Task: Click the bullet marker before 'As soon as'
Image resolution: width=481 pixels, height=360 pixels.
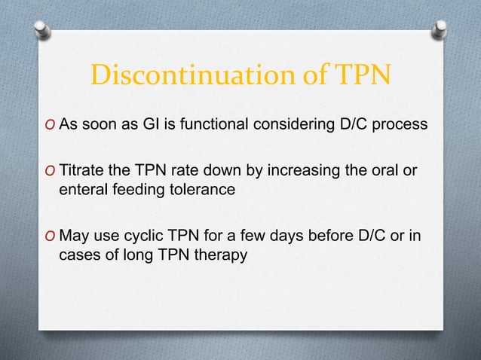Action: click(x=51, y=125)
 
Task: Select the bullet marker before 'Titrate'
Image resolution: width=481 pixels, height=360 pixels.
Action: click(x=51, y=171)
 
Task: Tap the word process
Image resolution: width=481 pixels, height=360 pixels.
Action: click(x=397, y=124)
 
